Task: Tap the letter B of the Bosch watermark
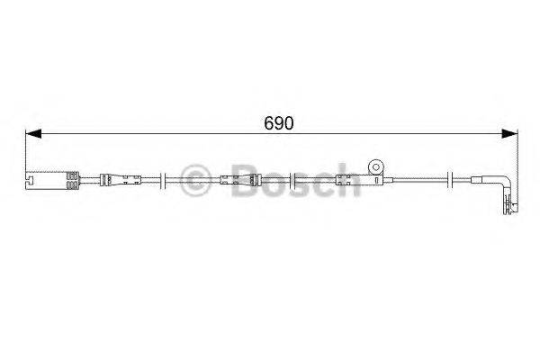(236, 181)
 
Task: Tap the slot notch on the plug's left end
(29, 187)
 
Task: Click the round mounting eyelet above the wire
(374, 167)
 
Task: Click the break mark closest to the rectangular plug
(160, 181)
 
